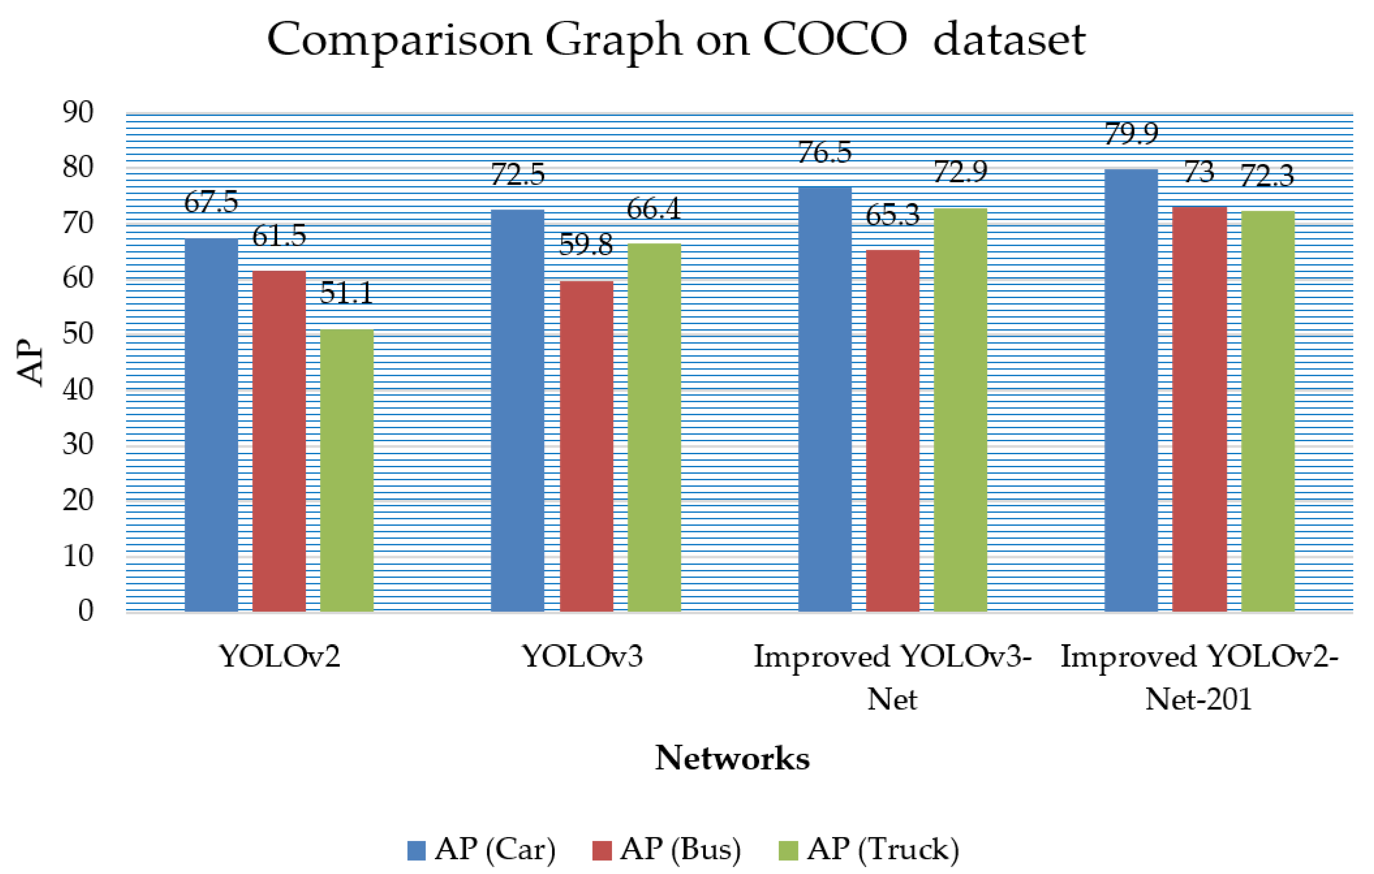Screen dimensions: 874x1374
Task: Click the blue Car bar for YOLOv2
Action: (211, 425)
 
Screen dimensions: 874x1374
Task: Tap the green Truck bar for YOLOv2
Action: (346, 470)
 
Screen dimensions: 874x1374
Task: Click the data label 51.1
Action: (346, 293)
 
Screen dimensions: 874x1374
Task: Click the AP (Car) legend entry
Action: (481, 849)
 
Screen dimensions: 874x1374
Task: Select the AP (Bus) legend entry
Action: (667, 849)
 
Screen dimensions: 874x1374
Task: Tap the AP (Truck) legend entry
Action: (868, 849)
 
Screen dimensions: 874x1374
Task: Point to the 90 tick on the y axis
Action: (78, 112)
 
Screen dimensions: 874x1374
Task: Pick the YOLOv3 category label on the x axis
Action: (583, 656)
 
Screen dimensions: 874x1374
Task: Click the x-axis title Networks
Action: (732, 758)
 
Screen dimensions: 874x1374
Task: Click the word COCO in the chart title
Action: (835, 40)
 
